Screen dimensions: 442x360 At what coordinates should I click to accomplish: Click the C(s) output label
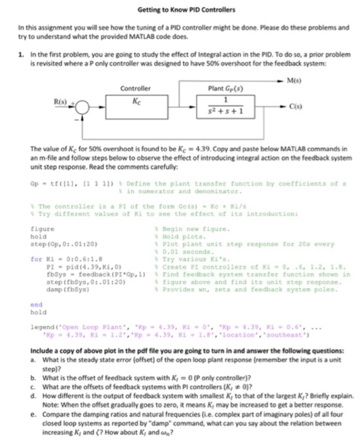pyautogui.click(x=275, y=109)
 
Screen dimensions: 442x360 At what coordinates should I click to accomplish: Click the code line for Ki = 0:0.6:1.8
pyautogui.click(x=61, y=258)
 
